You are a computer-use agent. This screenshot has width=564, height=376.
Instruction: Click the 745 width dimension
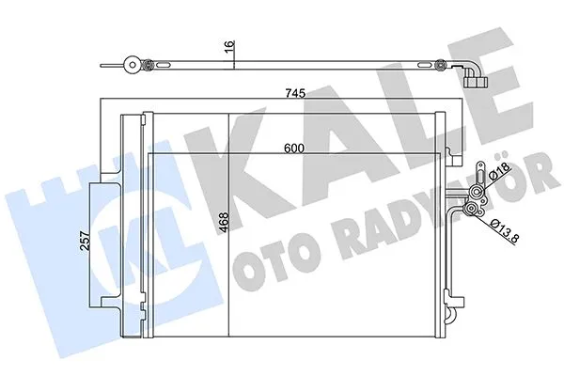click(x=296, y=92)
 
